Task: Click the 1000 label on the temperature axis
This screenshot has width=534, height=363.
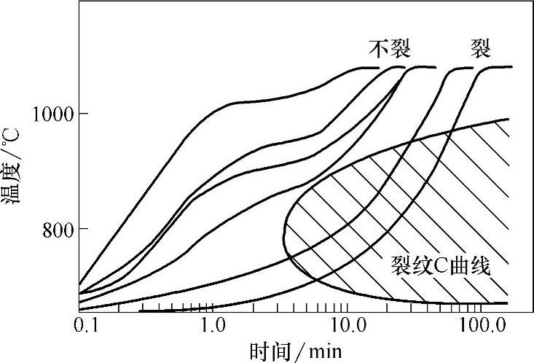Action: [51, 114]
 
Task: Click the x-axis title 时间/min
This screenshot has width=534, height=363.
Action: [295, 351]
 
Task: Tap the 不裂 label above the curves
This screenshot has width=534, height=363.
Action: [390, 49]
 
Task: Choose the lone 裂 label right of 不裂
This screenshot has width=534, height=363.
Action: [480, 49]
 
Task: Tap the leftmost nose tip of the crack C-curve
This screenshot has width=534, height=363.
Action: [283, 232]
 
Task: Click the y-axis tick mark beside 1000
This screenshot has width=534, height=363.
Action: [82, 114]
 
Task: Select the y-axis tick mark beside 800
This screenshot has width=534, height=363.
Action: [82, 229]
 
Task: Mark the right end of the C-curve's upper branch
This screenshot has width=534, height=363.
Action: [508, 119]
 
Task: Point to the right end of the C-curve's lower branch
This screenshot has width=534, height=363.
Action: [507, 302]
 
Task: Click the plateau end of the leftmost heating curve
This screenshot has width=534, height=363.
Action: [379, 68]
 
